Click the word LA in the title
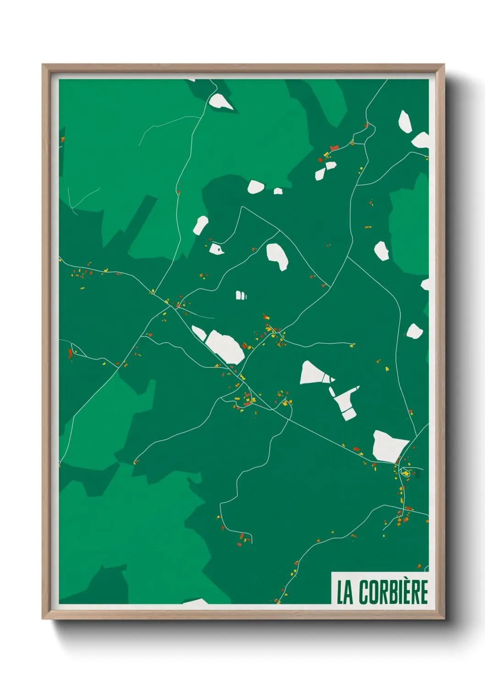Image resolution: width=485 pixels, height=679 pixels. [x=345, y=592]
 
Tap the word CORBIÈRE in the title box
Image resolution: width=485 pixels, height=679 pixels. [x=393, y=592]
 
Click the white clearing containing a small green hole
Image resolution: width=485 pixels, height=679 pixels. [x=216, y=249]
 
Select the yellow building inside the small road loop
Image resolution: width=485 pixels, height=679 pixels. [x=405, y=473]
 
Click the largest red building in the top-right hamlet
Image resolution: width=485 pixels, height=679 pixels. [x=334, y=147]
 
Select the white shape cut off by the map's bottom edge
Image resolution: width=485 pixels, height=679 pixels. [x=196, y=601]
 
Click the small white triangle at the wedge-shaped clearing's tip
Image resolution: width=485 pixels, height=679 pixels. [x=332, y=379]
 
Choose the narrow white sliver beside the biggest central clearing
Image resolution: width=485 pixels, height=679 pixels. [x=198, y=333]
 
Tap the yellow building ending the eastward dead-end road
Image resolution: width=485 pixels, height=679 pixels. [x=353, y=345]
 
